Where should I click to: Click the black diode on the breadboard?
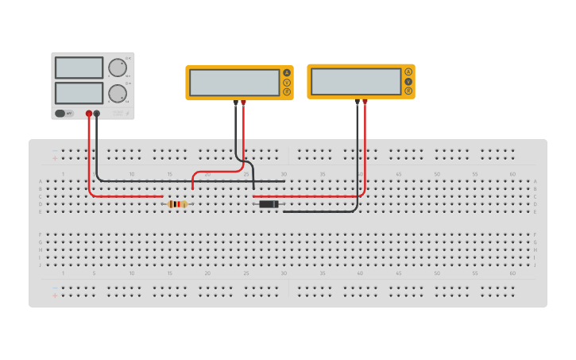269,204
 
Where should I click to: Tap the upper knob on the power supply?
118,67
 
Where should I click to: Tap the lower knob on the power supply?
118,93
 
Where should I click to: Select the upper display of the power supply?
79,68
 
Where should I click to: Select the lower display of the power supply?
79,93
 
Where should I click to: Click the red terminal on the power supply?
89,114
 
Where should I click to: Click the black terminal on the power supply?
97,114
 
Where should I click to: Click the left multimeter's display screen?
234,83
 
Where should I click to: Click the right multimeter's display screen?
355,81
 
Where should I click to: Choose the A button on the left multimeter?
287,73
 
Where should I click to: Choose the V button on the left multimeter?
287,83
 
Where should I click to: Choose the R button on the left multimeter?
287,92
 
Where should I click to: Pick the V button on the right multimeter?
408,81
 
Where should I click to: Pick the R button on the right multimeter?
408,91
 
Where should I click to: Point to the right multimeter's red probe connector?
365,102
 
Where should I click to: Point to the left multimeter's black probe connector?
235,103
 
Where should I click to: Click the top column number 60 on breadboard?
512,174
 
